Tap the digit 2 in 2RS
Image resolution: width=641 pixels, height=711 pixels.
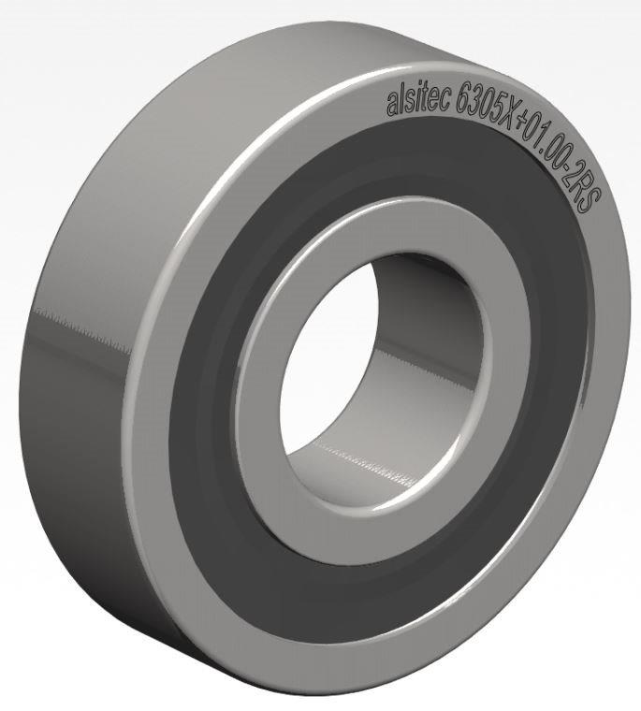(x=579, y=171)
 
